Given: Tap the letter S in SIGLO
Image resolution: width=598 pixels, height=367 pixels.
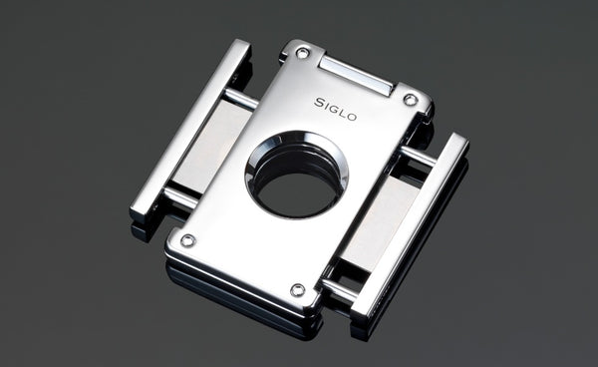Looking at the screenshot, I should [319, 101].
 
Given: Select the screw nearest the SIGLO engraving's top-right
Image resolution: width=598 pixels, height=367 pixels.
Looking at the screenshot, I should [410, 99].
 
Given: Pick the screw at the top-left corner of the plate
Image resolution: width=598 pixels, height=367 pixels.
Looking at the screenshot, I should [303, 53].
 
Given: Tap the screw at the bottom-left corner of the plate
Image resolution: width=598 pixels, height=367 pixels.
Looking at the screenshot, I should [187, 240].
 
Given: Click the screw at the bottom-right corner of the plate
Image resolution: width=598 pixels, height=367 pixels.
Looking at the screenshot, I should [297, 289].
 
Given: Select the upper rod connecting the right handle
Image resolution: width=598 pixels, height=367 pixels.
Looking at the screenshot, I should [418, 157].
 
